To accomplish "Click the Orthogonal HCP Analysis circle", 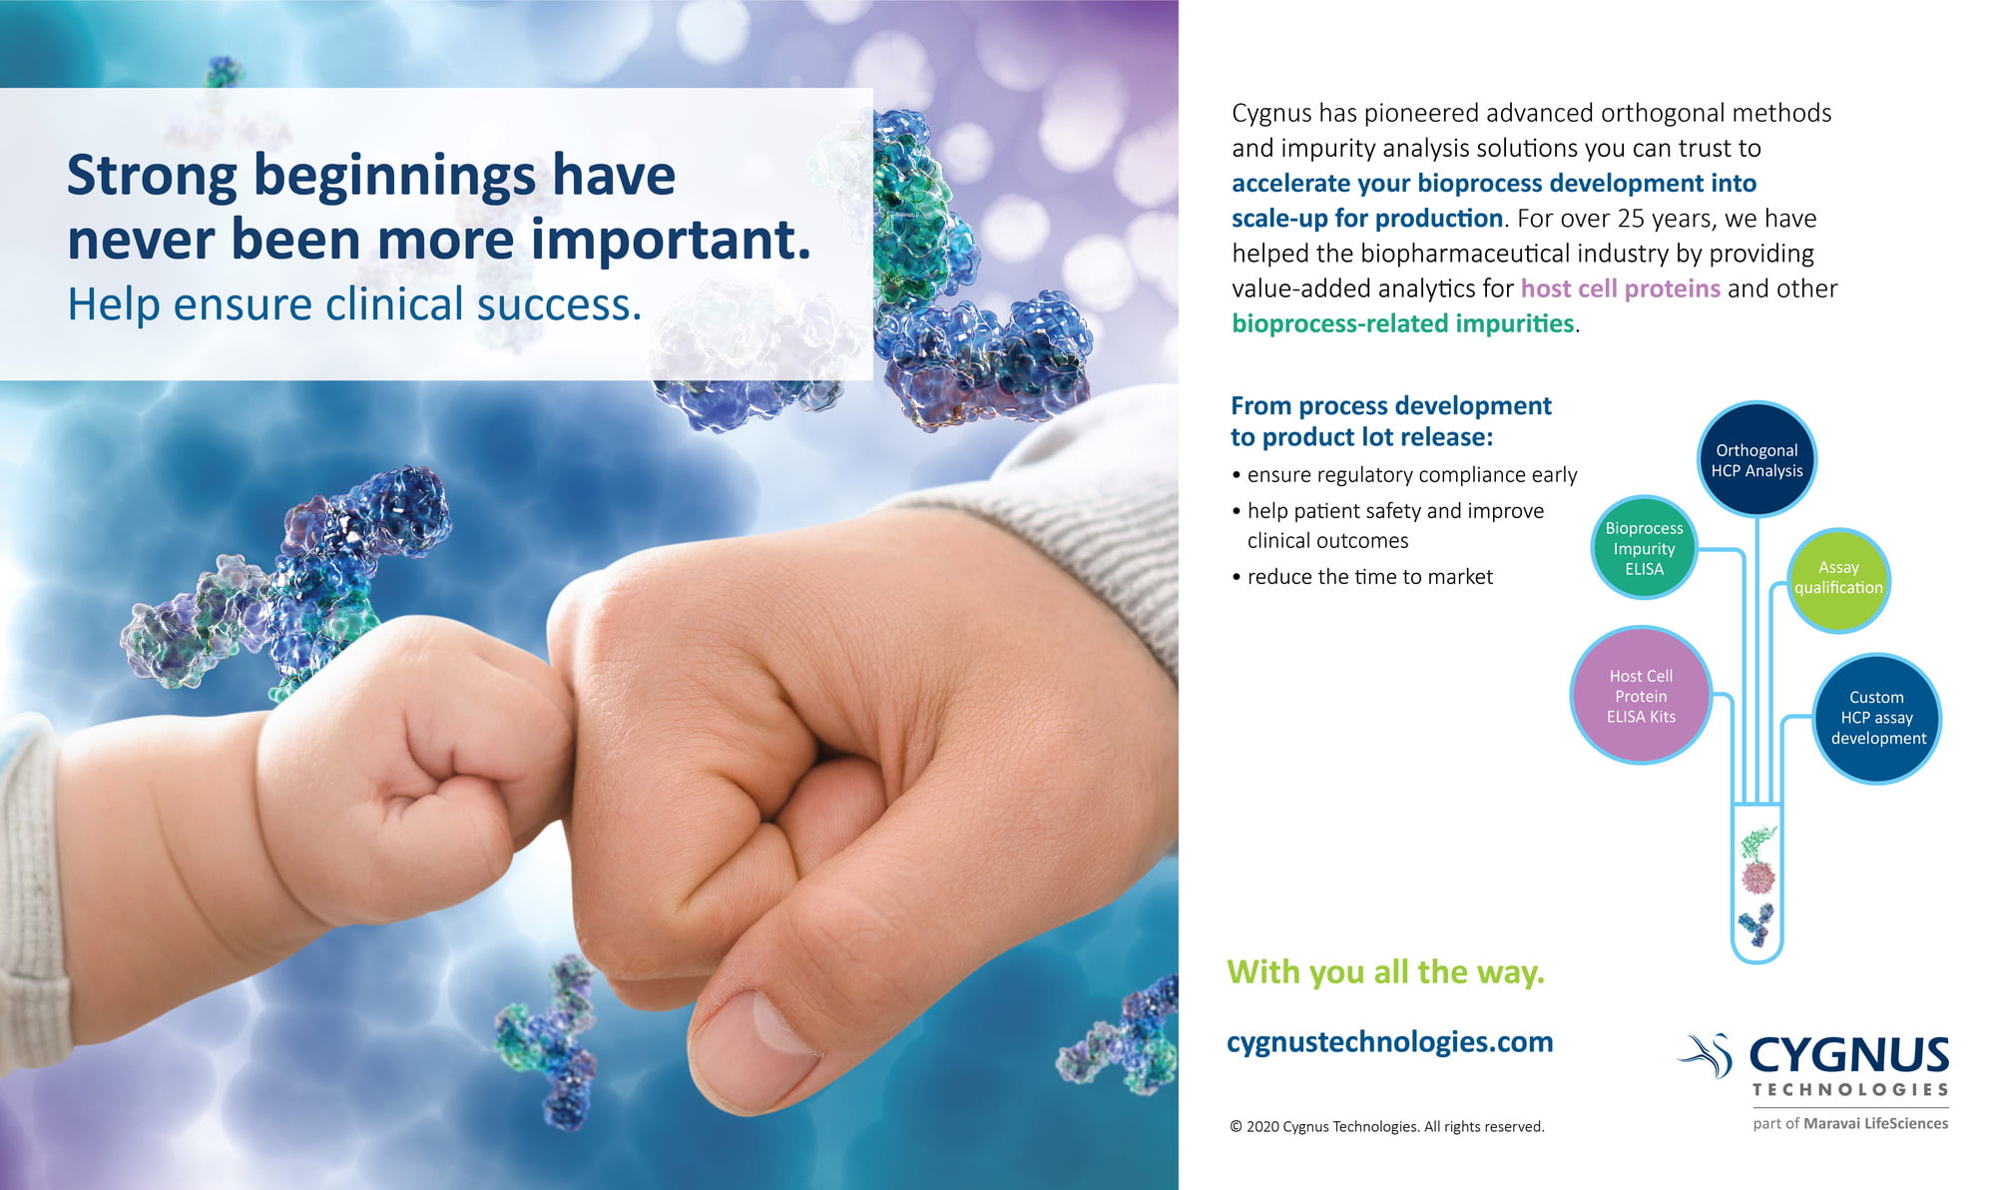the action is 1756,459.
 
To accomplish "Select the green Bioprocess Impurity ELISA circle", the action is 1644,547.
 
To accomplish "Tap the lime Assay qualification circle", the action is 1838,579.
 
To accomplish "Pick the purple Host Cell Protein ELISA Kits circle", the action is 1641,696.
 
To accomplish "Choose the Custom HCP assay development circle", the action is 1877,718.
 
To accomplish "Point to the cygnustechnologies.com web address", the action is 1389,1041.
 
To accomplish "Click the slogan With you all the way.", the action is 1385,971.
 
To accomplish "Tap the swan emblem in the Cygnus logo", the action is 1708,1056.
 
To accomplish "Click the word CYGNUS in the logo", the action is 1849,1055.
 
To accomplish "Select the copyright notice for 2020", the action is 1387,1126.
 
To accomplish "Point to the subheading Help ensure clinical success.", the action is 354,304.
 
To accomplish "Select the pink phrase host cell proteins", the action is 1620,289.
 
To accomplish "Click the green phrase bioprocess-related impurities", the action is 1402,323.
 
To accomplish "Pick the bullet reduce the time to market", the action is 1362,576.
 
